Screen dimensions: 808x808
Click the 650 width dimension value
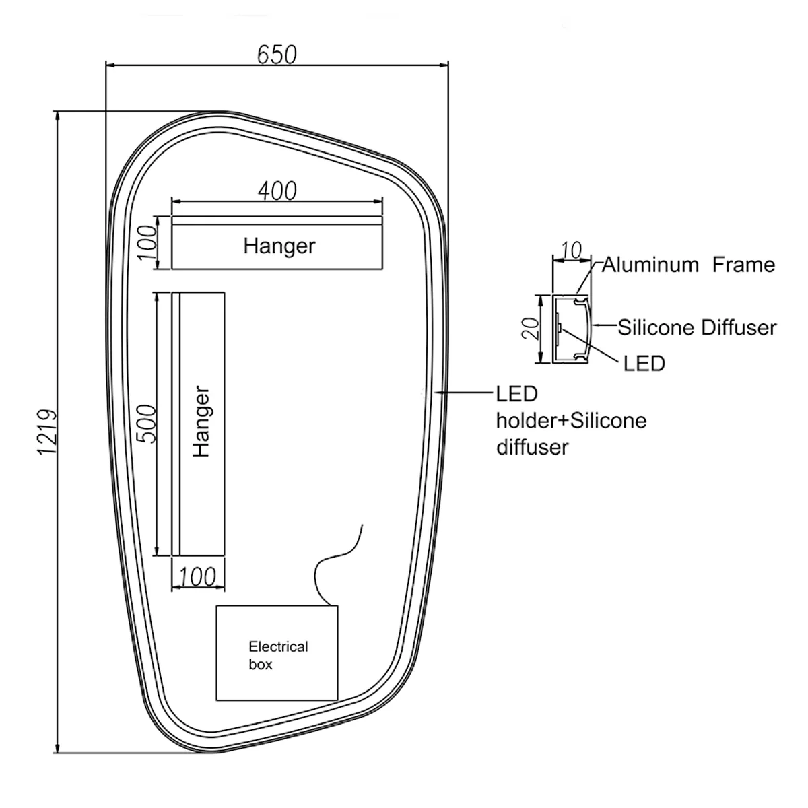(277, 55)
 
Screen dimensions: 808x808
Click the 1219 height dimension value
(46, 432)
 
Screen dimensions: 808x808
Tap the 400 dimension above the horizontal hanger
(277, 191)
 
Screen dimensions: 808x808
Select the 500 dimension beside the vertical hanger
(146, 424)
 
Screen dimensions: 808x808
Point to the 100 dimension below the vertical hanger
(197, 576)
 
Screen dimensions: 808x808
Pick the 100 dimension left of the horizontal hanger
(147, 242)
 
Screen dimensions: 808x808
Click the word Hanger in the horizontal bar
(279, 246)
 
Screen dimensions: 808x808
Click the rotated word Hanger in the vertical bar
(201, 421)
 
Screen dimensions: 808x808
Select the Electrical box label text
(278, 655)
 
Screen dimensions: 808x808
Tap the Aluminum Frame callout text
(689, 265)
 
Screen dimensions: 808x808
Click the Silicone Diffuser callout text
(698, 327)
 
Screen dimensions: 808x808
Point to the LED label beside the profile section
(644, 364)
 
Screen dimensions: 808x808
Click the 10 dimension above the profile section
(571, 250)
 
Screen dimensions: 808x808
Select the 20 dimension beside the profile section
(531, 329)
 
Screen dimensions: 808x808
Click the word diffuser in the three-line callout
(533, 447)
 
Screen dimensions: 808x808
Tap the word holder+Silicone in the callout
(572, 421)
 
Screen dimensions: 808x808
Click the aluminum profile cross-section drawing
(572, 329)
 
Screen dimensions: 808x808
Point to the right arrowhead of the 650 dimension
(444, 65)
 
